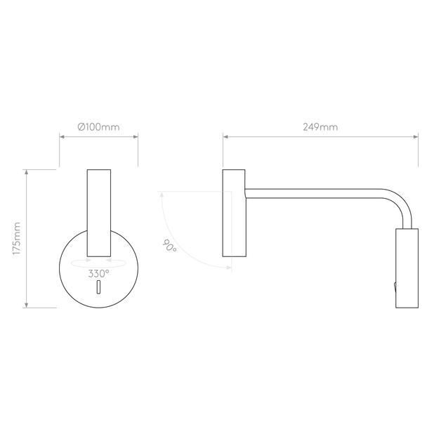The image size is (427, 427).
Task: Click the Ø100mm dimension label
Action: point(98,127)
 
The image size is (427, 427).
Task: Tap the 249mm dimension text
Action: point(320,127)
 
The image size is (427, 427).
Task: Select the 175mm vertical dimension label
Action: point(17,239)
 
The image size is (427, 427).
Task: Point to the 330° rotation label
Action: point(98,273)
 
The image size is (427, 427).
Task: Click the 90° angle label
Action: point(169,245)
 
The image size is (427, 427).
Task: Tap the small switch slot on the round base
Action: point(98,287)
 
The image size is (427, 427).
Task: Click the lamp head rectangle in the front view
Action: point(99,213)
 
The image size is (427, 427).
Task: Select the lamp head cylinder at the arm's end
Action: point(407,268)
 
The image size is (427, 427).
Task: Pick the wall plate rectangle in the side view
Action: point(234,213)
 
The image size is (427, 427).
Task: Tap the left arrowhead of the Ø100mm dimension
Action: point(62,136)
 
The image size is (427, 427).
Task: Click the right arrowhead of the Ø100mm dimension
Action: point(136,136)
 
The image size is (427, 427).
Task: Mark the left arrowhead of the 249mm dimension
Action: point(225,136)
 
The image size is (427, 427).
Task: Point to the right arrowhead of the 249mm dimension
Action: point(416,136)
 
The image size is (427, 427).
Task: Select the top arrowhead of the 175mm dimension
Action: point(27,172)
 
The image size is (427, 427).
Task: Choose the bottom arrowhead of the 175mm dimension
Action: point(27,305)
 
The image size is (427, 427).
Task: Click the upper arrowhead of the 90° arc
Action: point(162,194)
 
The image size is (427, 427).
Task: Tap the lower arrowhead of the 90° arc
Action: point(229,268)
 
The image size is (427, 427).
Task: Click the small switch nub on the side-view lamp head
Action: point(395,287)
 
